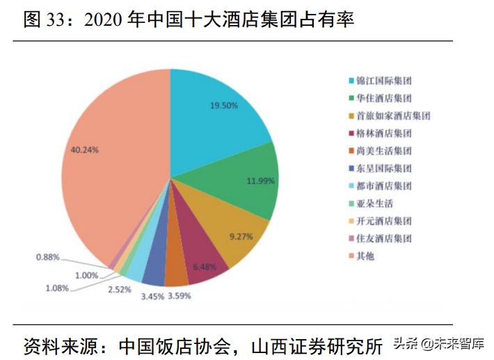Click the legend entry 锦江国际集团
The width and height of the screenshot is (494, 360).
pyautogui.click(x=383, y=81)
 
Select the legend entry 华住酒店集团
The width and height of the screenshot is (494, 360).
pyautogui.click(x=383, y=98)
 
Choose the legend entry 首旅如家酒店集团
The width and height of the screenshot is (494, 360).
pyautogui.click(x=393, y=116)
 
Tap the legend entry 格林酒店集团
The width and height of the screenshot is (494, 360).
pyautogui.click(x=383, y=133)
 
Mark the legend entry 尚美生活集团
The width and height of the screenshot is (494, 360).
pyautogui.click(x=383, y=150)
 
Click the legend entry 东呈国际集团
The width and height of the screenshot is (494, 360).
pyautogui.click(x=383, y=168)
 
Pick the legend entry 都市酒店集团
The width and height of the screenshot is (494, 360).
pyautogui.click(x=383, y=186)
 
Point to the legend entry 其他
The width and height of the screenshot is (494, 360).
pyautogui.click(x=365, y=256)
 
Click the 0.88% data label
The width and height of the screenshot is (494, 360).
pyautogui.click(x=48, y=258)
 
